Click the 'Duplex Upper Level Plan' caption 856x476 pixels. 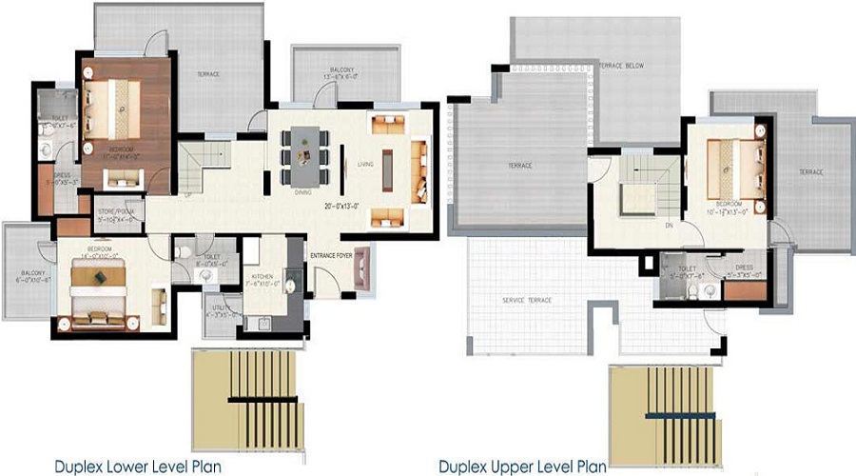(x=521, y=466)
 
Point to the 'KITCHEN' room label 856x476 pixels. (x=263, y=276)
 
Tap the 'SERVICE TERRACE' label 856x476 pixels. (x=527, y=300)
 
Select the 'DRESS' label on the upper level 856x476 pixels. (x=744, y=268)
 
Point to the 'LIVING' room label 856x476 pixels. (x=365, y=164)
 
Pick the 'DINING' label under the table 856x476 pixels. (x=303, y=191)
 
